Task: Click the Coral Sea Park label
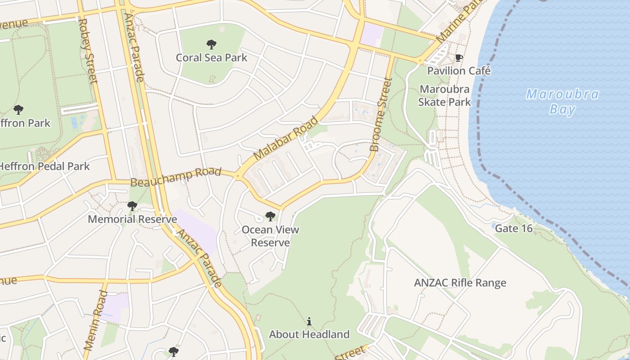(x=211, y=58)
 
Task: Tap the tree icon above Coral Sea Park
(x=211, y=44)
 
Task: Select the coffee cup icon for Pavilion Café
(x=459, y=58)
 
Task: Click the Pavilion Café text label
(x=459, y=71)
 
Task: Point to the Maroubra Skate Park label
(x=445, y=95)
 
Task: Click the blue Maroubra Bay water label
(x=562, y=102)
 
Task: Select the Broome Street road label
(x=381, y=114)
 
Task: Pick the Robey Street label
(x=88, y=50)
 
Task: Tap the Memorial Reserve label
(x=132, y=220)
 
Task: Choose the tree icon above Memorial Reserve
(x=132, y=206)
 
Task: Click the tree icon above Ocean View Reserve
(x=270, y=216)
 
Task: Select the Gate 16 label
(x=513, y=229)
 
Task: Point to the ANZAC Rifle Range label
(x=460, y=283)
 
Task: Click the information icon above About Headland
(x=309, y=321)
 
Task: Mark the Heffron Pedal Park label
(x=44, y=166)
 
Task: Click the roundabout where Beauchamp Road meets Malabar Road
(x=238, y=176)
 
